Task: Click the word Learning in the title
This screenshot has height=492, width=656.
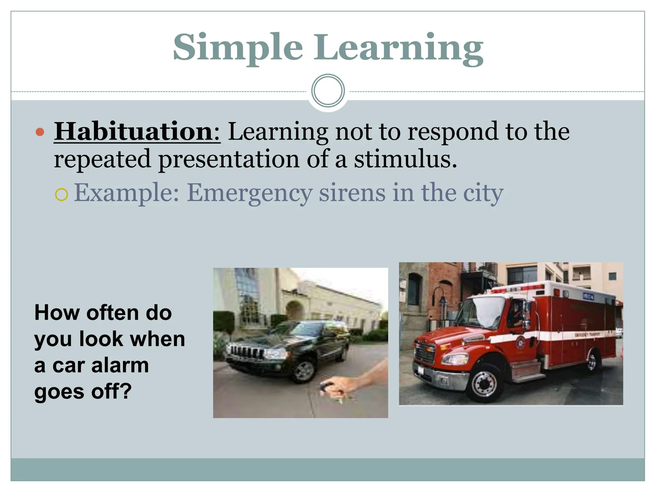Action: pyautogui.click(x=398, y=48)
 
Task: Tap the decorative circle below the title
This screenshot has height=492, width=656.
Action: pyautogui.click(x=328, y=91)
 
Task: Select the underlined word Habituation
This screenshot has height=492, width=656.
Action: pyautogui.click(x=137, y=132)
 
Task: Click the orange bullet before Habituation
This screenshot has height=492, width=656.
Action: pyautogui.click(x=40, y=132)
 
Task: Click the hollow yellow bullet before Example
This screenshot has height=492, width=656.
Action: pyautogui.click(x=61, y=194)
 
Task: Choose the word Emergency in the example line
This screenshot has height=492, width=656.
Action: pyautogui.click(x=250, y=193)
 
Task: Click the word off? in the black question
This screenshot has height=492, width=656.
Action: pyautogui.click(x=111, y=391)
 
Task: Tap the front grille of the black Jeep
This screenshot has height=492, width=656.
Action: pyautogui.click(x=245, y=352)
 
